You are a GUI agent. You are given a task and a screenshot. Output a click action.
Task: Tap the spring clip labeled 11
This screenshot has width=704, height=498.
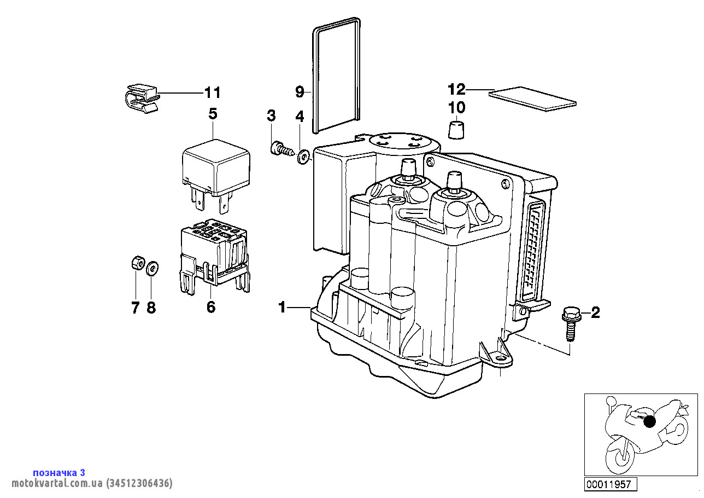pos(140,97)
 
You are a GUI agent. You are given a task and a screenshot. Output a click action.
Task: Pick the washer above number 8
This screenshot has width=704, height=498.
pos(152,268)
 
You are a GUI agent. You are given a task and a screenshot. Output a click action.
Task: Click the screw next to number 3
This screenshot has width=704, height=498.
pos(281,148)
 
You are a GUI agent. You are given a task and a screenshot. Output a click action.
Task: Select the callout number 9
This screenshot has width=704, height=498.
pos(300,92)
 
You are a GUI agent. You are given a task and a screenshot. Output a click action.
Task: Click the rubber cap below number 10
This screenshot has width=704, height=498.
pos(457,131)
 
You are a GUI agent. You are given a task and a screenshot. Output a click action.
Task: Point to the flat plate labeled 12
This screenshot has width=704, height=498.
pos(533,99)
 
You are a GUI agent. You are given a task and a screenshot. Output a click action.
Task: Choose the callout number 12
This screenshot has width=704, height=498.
pos(456,89)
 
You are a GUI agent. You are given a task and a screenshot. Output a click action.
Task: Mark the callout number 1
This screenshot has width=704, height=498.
pos(282,308)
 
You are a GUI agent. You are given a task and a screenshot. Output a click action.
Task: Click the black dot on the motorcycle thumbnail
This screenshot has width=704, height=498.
pos(649,422)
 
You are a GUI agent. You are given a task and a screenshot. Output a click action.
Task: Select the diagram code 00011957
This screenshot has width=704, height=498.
pos(608,484)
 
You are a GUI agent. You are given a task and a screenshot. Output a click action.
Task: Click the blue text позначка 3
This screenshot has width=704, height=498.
pos(59,473)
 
